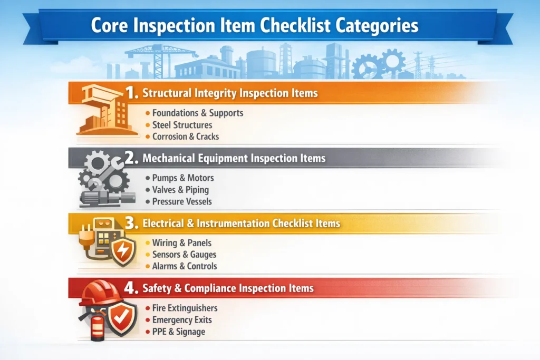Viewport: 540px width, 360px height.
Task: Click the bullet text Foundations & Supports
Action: click(x=197, y=113)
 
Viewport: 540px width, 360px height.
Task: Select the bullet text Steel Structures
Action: click(x=182, y=125)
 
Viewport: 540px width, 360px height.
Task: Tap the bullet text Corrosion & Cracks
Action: click(x=185, y=137)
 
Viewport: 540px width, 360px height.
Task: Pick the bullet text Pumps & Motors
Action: click(x=182, y=178)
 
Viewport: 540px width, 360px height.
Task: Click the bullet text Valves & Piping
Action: click(x=180, y=190)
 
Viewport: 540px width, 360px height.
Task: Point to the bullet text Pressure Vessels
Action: click(x=182, y=201)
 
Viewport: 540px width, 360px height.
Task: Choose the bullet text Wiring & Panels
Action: click(x=181, y=243)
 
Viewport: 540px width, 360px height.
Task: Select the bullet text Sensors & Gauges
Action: click(x=184, y=255)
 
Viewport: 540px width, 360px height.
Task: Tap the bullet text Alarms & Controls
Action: click(x=185, y=266)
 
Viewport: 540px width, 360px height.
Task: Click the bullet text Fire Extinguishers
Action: click(x=185, y=308)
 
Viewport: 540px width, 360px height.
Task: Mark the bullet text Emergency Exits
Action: click(x=181, y=320)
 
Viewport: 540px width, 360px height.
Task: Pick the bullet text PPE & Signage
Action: click(x=178, y=332)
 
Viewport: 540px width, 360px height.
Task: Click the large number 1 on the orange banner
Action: click(x=131, y=93)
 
